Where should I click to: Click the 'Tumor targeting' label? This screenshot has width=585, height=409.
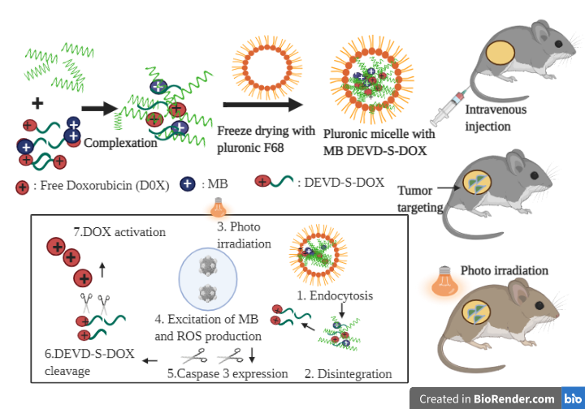(x=420, y=199)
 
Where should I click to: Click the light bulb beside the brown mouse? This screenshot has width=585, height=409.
(x=443, y=282)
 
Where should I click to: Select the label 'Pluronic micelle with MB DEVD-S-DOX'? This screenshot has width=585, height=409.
(x=373, y=142)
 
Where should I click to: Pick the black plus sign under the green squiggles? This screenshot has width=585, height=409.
(x=37, y=103)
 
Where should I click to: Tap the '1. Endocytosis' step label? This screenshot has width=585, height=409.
(x=335, y=295)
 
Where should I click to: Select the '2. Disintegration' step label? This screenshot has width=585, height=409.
(x=347, y=374)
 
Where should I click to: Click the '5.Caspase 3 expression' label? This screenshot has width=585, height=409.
(x=227, y=374)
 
